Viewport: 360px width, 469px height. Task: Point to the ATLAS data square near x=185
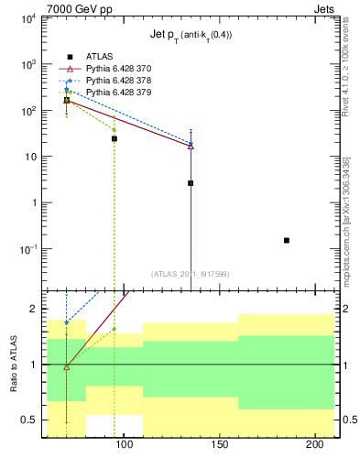click(287, 240)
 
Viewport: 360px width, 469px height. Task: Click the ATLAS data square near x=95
click(115, 138)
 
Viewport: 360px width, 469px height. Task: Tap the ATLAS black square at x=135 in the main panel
click(191, 183)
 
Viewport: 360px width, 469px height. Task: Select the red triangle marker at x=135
click(191, 146)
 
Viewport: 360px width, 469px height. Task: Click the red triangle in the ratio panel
click(66, 366)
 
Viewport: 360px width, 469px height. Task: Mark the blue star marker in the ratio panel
click(66, 322)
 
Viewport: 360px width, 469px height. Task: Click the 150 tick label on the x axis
click(218, 445)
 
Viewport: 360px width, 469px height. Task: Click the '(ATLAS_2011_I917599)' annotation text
click(191, 273)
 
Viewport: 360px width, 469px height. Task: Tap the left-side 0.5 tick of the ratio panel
click(30, 420)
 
